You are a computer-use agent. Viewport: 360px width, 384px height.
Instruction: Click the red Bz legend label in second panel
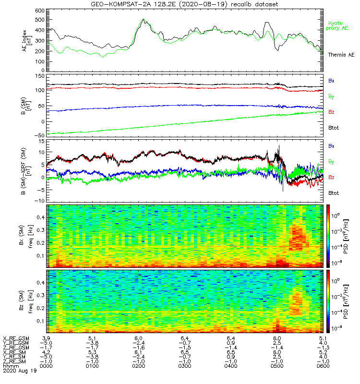tap(331, 112)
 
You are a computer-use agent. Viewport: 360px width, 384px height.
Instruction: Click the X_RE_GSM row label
tap(15, 338)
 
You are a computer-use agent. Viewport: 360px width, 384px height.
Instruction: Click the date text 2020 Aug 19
tap(20, 371)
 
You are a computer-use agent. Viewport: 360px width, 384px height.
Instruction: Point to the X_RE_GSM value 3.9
tap(47, 338)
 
